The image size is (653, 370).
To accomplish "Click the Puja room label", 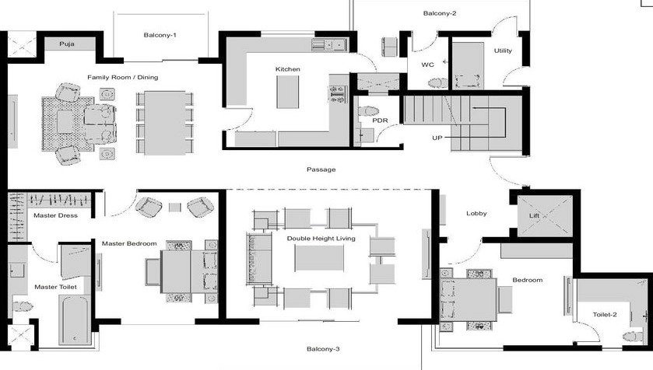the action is (x=67, y=44).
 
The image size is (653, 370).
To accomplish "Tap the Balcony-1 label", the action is (x=160, y=35).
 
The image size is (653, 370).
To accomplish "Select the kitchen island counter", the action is (x=288, y=92).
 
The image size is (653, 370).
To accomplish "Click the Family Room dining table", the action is (x=165, y=123).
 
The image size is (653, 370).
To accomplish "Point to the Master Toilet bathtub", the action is (x=75, y=320).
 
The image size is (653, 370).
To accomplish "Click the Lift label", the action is (x=535, y=215).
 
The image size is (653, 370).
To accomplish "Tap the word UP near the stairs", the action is (x=437, y=138).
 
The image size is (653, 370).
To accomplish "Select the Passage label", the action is (x=321, y=169).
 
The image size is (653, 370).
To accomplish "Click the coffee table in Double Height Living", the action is (x=319, y=258).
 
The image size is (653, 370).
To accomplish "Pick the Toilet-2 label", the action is (x=605, y=314).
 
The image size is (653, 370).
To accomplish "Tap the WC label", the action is (x=428, y=65).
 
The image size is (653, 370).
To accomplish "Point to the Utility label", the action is (x=503, y=51).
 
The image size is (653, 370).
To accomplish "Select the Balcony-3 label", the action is (x=323, y=349).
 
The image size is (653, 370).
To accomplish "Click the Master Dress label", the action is (x=55, y=215).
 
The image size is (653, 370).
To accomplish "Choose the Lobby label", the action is (x=476, y=213).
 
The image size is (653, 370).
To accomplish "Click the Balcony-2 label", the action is (x=440, y=13).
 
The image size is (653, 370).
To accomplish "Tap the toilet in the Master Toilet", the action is (x=23, y=306).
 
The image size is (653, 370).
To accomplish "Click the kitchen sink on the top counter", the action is (x=335, y=44).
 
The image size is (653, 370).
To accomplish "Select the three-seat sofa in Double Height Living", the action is (x=258, y=259).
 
